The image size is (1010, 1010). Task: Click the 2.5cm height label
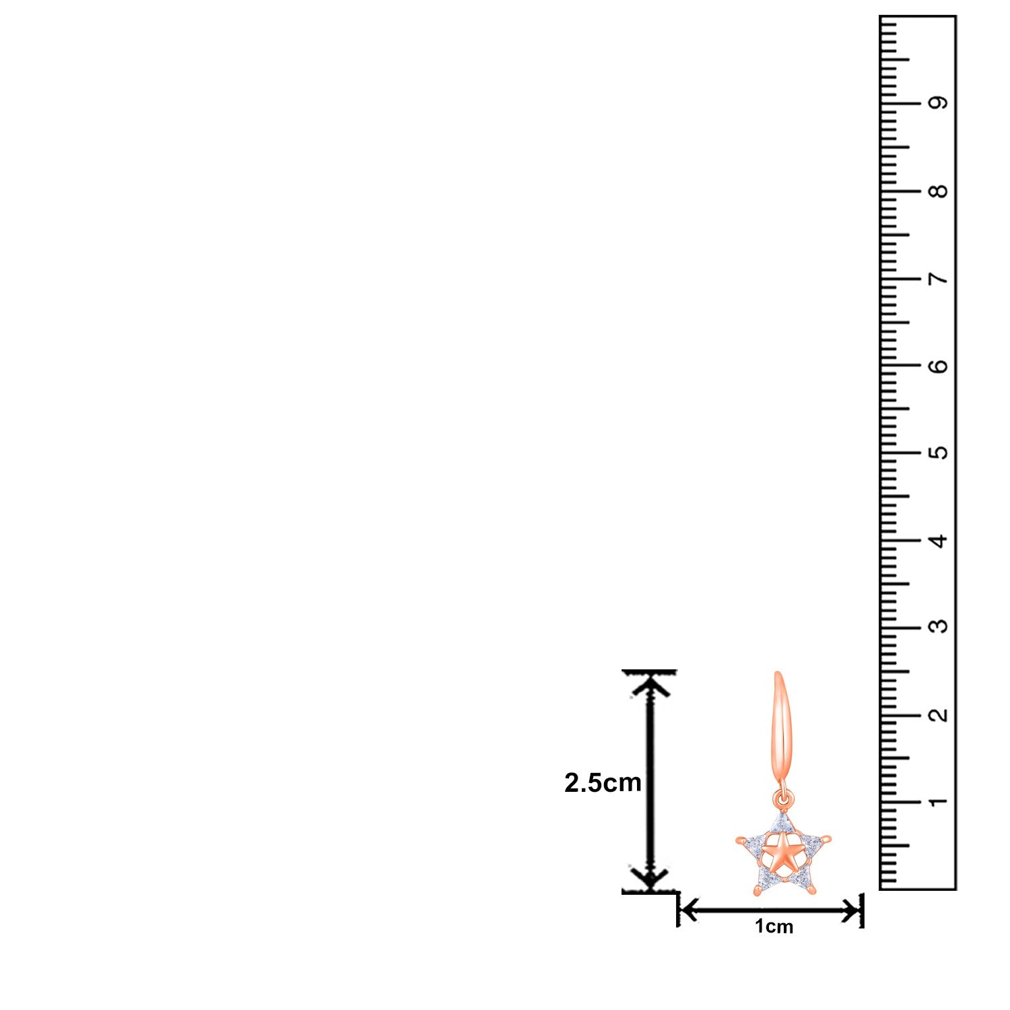(603, 782)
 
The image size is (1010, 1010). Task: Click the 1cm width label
(774, 927)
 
